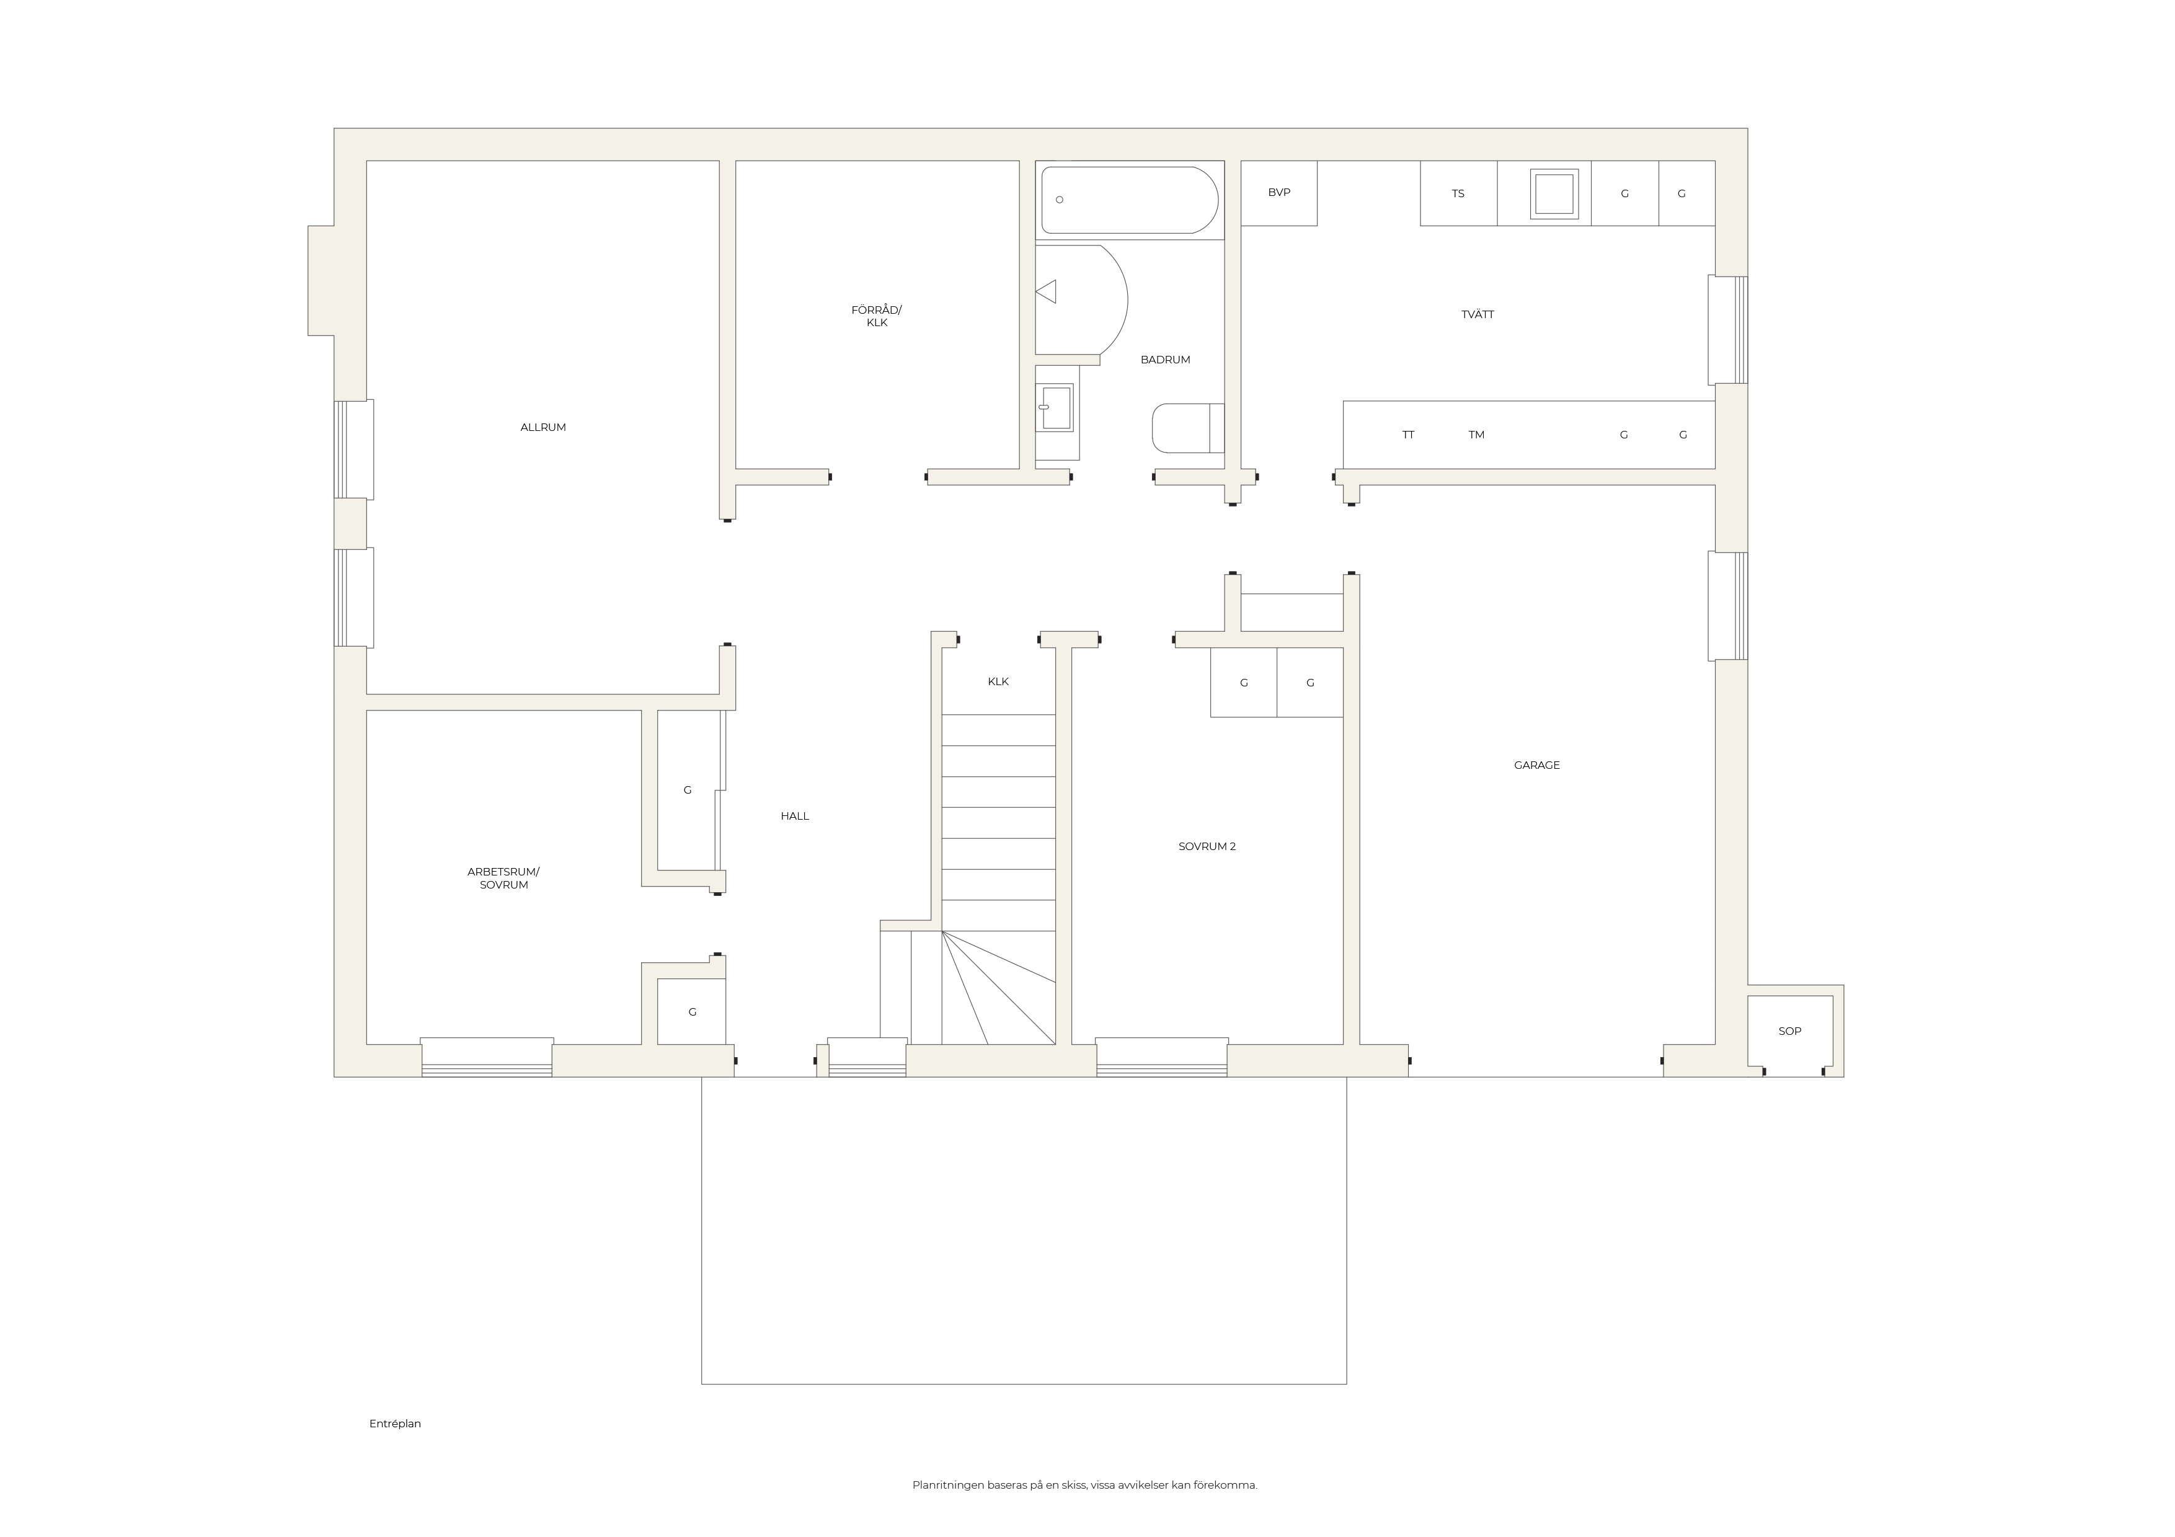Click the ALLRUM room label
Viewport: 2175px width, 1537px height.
click(543, 427)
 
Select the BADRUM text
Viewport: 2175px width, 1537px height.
click(1165, 360)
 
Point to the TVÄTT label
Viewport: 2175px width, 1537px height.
click(1477, 314)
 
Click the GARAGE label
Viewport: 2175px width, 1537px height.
click(1536, 765)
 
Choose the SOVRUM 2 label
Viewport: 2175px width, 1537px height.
click(1207, 847)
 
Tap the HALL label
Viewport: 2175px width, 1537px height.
click(795, 817)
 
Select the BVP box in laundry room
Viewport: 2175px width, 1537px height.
click(1279, 193)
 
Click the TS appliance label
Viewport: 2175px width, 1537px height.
click(1458, 194)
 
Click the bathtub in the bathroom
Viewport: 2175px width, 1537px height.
click(1129, 200)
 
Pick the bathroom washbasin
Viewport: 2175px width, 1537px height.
click(1055, 407)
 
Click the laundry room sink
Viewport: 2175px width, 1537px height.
click(1554, 194)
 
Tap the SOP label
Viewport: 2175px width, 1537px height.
click(1789, 1031)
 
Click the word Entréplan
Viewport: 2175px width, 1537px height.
click(395, 1424)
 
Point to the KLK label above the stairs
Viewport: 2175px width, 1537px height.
click(998, 682)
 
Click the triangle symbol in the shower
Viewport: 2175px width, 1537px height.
click(1046, 291)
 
